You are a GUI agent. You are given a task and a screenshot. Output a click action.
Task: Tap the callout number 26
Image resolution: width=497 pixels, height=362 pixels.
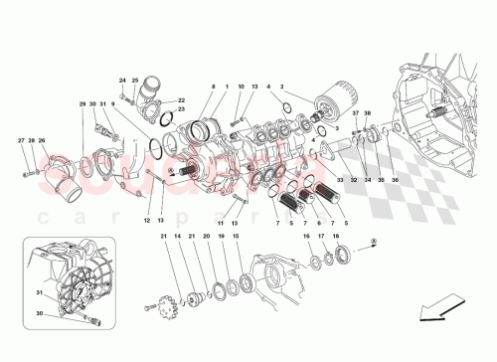(42, 141)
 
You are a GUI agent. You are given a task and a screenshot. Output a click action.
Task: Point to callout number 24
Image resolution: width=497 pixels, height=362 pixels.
(122, 81)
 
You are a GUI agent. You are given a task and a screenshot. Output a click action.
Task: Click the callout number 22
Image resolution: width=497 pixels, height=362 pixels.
(181, 99)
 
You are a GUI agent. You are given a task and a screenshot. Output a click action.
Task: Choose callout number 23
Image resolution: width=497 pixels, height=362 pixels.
(181, 109)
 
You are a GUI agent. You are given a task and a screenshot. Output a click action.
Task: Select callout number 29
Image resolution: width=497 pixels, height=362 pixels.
(83, 104)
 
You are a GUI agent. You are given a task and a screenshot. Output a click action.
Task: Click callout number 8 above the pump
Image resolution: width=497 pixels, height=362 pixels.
(212, 88)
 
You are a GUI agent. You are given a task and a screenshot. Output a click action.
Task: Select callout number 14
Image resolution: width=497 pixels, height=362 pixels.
(177, 237)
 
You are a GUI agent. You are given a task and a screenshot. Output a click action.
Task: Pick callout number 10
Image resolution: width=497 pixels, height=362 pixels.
(242, 88)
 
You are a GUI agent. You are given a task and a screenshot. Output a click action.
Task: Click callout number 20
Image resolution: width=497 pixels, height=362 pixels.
(207, 237)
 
